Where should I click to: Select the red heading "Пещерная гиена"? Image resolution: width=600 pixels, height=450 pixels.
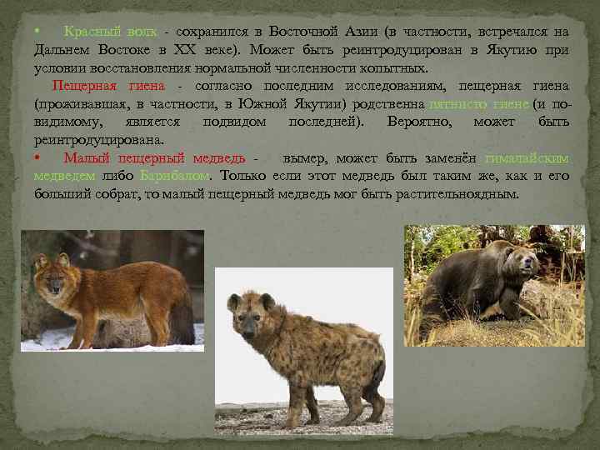(108, 87)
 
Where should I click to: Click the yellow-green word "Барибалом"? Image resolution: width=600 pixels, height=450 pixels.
(174, 176)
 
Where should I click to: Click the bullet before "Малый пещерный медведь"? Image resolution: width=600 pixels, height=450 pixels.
(37, 158)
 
